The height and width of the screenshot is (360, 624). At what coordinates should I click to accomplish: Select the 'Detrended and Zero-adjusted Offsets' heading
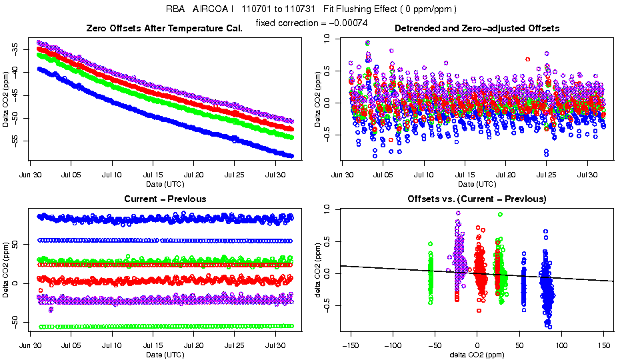click(x=477, y=28)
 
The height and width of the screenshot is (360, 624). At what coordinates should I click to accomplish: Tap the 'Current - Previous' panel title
click(x=165, y=199)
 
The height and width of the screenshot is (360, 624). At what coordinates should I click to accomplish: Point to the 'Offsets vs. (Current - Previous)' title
click(x=477, y=199)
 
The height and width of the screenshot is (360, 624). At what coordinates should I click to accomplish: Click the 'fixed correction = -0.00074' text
click(x=311, y=23)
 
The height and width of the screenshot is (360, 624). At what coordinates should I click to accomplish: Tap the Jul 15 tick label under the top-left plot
click(x=153, y=175)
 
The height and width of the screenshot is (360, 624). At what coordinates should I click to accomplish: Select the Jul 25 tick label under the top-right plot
click(x=547, y=175)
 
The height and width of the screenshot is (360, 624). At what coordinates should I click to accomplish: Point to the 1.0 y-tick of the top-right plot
click(x=326, y=39)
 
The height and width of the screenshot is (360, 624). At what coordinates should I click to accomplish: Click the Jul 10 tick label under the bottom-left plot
click(x=112, y=345)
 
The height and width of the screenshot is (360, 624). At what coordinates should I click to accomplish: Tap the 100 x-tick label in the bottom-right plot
click(x=561, y=345)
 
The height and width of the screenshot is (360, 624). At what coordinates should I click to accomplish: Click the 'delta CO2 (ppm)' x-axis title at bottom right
click(x=477, y=354)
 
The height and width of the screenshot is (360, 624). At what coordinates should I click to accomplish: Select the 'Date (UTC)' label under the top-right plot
click(x=477, y=183)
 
